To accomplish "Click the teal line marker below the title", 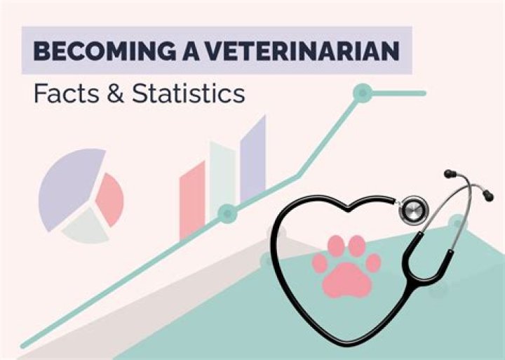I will (x=362, y=92).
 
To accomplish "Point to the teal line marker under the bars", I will (x=226, y=213).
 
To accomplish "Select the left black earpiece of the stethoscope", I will (x=449, y=173).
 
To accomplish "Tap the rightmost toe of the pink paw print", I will (x=374, y=262).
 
